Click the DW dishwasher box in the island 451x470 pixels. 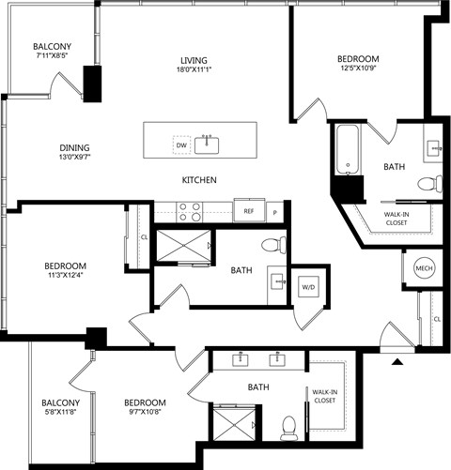[181, 144]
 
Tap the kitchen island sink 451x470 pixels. [207, 145]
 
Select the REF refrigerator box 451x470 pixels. [249, 211]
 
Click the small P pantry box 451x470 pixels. [274, 213]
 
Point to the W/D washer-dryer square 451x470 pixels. [308, 286]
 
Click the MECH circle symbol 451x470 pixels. [425, 268]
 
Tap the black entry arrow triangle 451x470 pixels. [397, 362]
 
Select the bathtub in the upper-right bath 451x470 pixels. [348, 150]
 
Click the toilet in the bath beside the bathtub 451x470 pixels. [430, 184]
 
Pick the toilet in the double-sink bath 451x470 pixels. [288, 428]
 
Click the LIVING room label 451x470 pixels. [194, 60]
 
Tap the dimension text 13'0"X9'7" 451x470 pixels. [75, 157]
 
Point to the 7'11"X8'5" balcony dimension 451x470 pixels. [53, 55]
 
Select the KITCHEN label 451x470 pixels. [199, 180]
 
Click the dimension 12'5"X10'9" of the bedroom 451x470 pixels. [358, 68]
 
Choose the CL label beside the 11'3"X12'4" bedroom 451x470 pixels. [144, 237]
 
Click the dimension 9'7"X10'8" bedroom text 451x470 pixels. [145, 412]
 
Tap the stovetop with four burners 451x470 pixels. [190, 212]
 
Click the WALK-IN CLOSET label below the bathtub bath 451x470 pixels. [397, 219]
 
